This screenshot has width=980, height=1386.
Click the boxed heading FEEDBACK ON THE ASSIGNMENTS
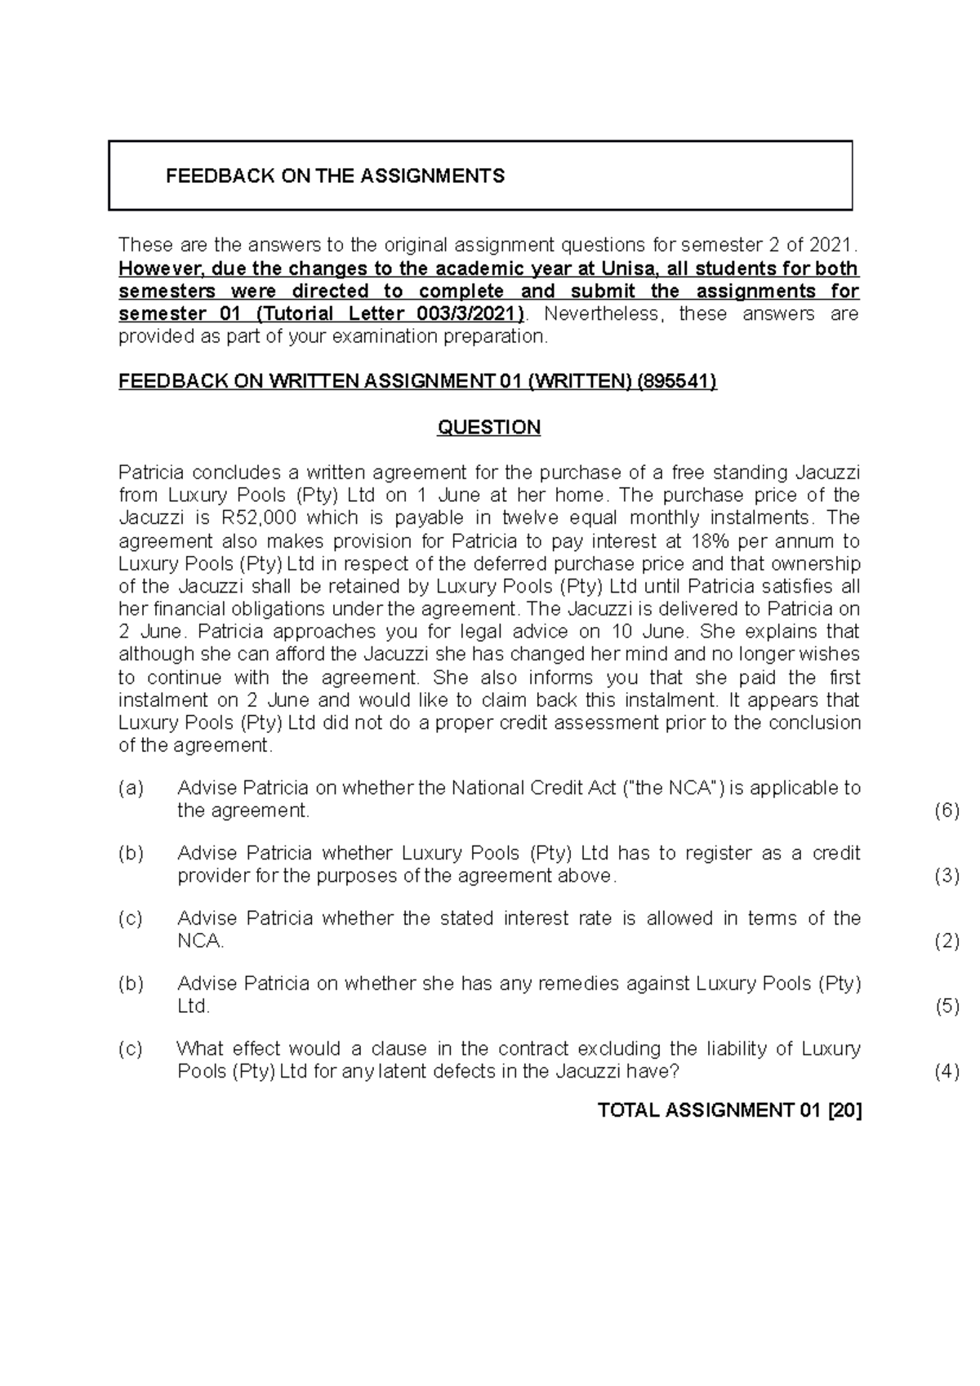tap(335, 175)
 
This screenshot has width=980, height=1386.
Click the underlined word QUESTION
tap(488, 428)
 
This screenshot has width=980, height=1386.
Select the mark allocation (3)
tap(946, 876)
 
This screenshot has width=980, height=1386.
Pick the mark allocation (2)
tap(946, 941)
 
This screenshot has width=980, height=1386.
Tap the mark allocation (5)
tap(946, 1006)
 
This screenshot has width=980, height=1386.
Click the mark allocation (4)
tap(946, 1072)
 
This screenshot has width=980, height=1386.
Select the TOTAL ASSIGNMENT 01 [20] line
tap(729, 1110)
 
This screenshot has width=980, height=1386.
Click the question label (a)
tap(131, 788)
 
